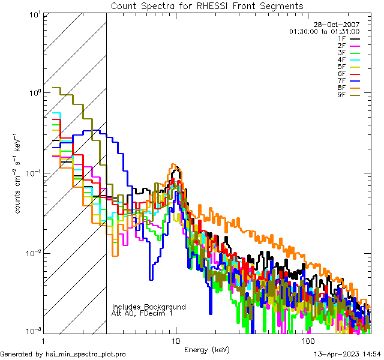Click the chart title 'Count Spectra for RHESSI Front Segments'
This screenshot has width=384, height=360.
(x=206, y=5)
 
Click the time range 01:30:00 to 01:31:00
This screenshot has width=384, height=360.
(x=324, y=31)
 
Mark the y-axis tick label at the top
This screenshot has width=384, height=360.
(x=34, y=14)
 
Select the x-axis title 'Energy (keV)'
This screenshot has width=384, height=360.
(x=206, y=349)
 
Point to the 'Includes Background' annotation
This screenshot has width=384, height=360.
(x=149, y=307)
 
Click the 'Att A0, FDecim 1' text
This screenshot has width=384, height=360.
(x=142, y=313)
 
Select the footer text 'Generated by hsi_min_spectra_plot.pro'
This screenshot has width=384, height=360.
(x=63, y=354)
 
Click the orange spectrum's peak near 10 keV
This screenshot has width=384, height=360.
(x=173, y=164)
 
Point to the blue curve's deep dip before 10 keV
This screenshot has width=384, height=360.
(x=151, y=278)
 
